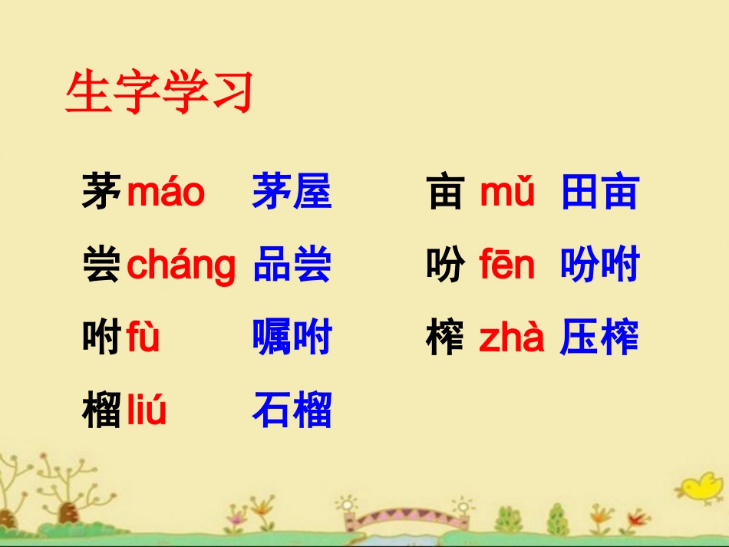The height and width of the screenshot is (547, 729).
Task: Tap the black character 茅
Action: pos(101,192)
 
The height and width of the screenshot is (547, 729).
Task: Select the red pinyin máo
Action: pos(166,192)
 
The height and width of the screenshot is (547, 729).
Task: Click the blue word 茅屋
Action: pos(292,192)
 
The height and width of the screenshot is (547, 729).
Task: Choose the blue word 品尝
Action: pos(292,265)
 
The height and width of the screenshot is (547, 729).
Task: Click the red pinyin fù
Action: pos(143,338)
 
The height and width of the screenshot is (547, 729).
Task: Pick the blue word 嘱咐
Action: pos(292,338)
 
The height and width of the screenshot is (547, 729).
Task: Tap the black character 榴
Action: pos(101,411)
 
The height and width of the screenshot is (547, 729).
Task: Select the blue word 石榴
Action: pos(292,411)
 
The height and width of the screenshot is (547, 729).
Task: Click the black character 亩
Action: pos(446,192)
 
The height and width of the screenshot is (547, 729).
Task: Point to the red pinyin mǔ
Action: pos(506,192)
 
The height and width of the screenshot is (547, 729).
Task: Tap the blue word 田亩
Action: pos(599,192)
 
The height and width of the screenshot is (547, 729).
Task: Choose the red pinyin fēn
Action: pos(506,265)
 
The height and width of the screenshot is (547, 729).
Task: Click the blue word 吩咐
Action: pos(599,265)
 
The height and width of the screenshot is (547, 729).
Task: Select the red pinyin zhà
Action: pos(511,338)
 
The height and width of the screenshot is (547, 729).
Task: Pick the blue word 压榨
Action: pos(599,338)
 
